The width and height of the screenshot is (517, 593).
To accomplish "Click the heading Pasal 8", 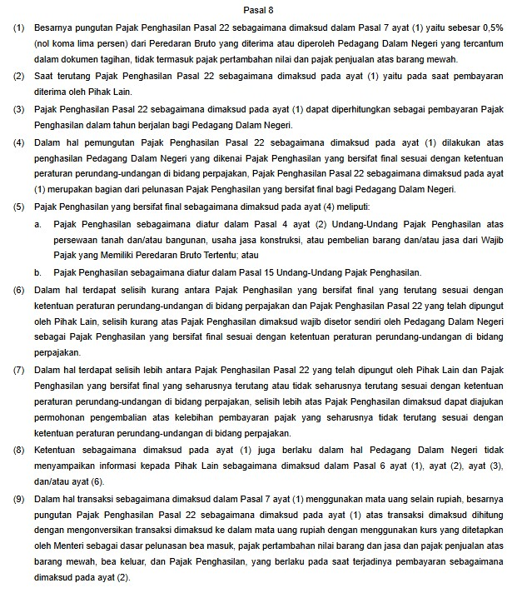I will click(258, 9).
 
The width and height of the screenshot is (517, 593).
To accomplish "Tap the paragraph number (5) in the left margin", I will click(18, 206).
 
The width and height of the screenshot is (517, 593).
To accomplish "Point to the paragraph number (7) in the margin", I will click(18, 369).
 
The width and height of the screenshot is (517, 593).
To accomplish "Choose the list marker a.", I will click(38, 225).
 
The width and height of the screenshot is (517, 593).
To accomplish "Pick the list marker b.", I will click(38, 272).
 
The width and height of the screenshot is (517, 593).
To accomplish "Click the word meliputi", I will click(349, 206).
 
